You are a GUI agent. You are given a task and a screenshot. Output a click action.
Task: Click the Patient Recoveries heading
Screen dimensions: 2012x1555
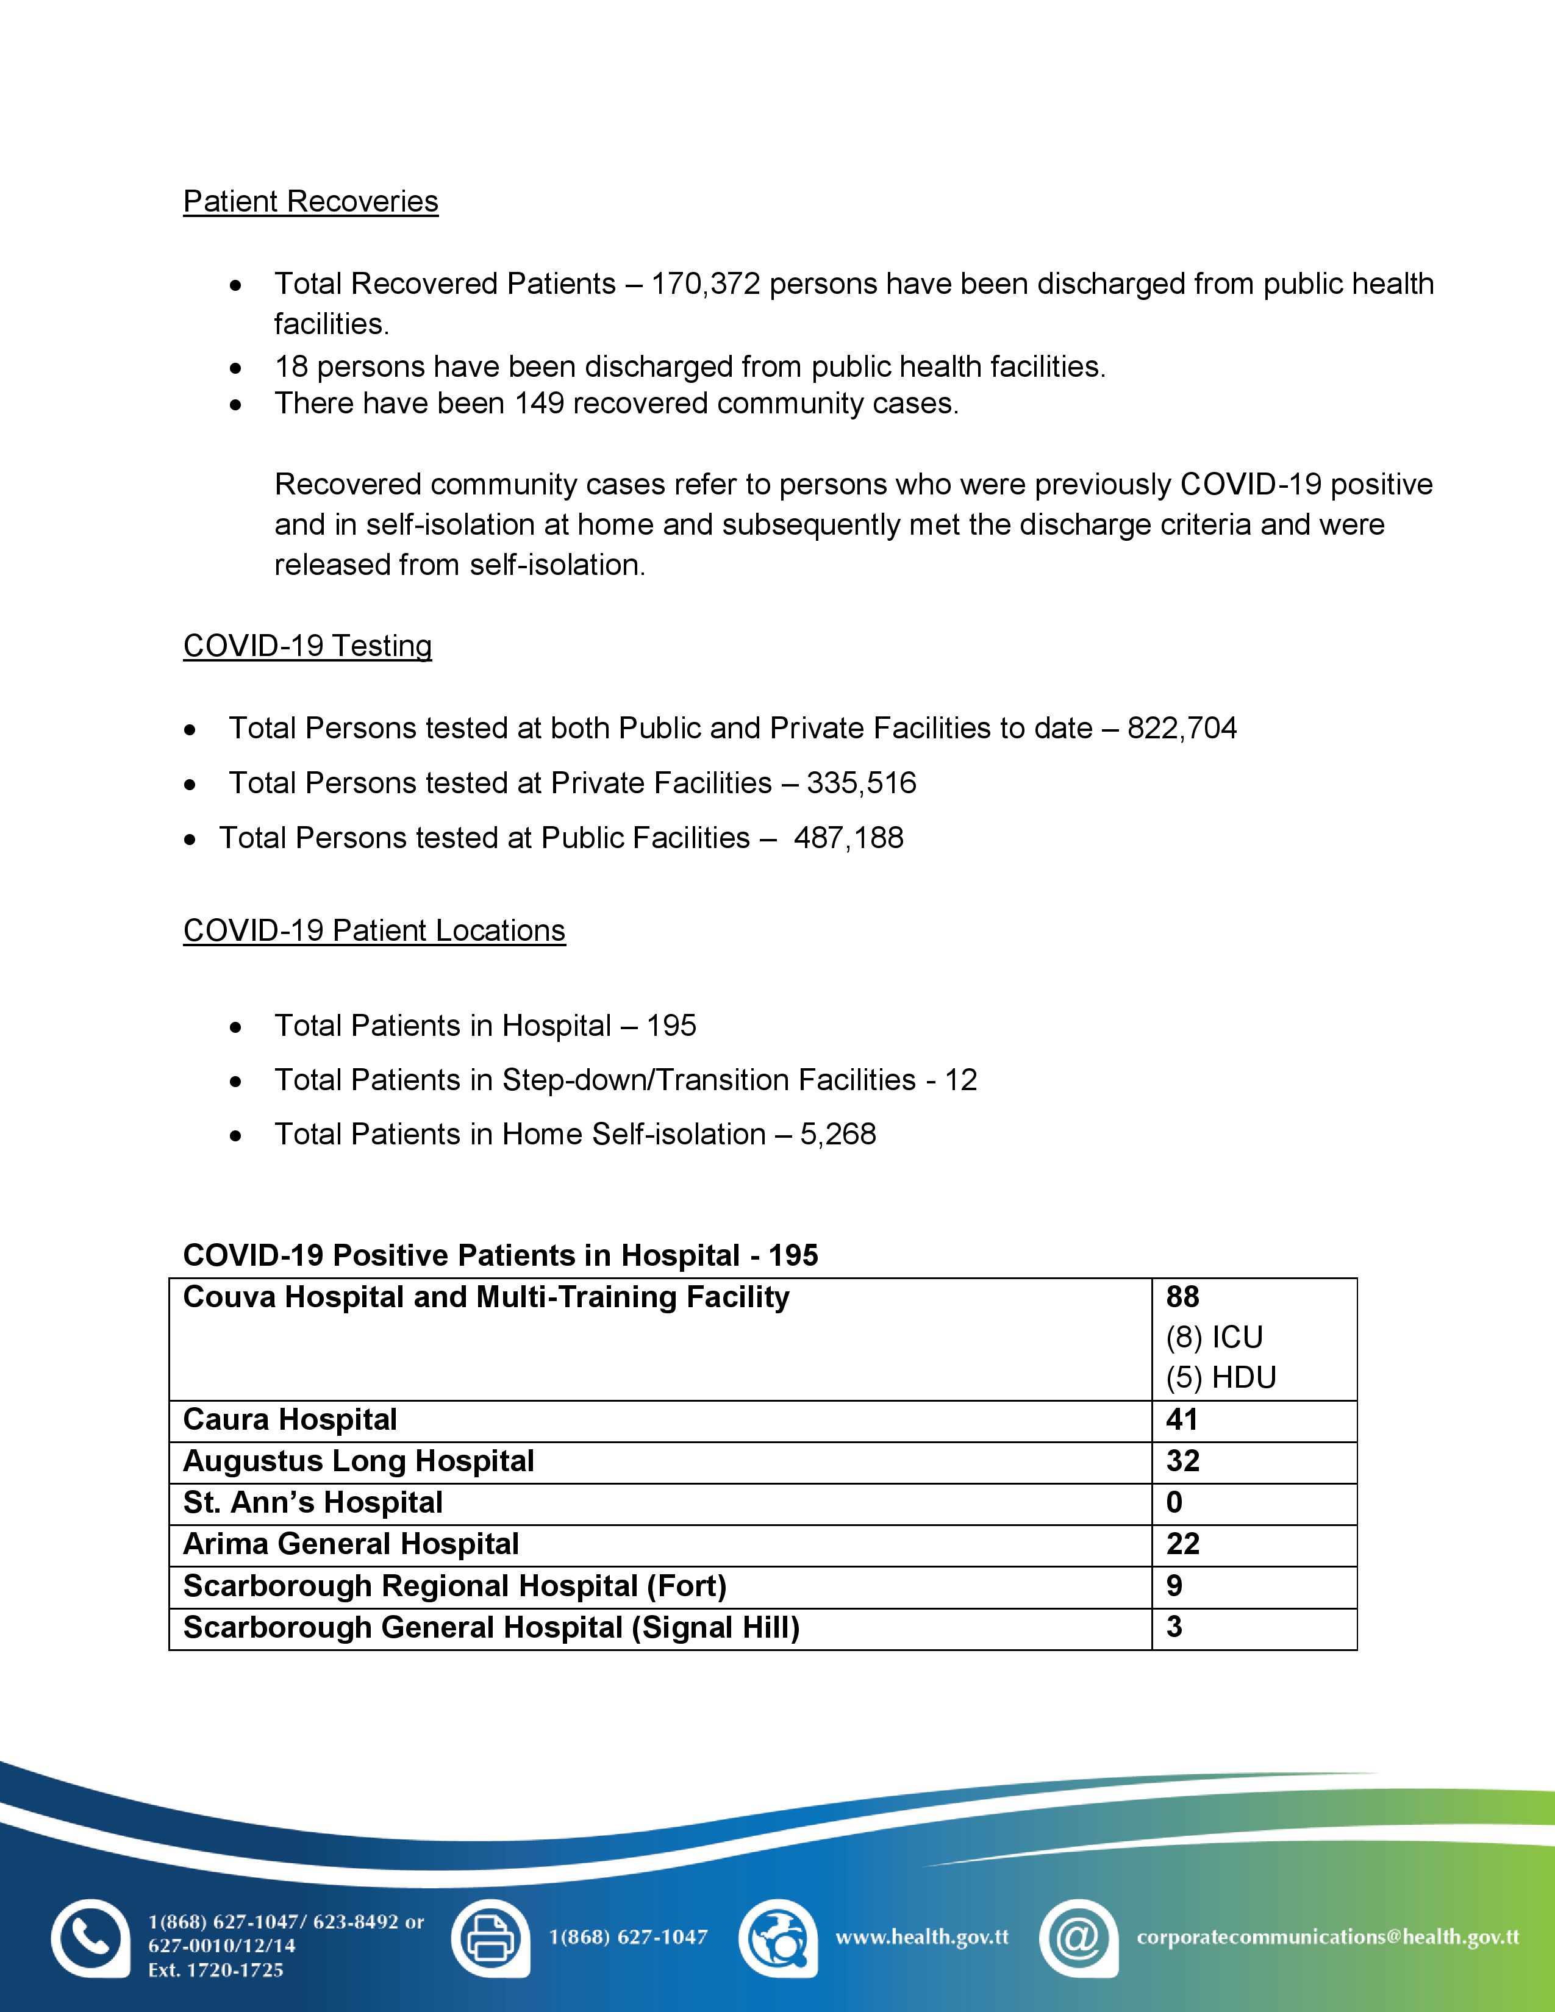point(310,202)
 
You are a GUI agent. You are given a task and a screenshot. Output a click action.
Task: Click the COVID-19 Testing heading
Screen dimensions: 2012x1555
point(308,646)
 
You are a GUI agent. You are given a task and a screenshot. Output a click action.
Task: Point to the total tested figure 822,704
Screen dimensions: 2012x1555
point(1182,728)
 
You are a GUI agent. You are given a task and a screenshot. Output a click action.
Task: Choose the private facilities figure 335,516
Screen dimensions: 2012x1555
point(861,783)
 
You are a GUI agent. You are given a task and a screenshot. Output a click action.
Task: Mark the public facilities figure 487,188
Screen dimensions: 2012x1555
point(848,837)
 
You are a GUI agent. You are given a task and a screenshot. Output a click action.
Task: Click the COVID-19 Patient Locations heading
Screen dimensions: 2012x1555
point(374,930)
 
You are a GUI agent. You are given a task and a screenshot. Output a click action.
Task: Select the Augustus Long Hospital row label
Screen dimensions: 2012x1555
point(359,1461)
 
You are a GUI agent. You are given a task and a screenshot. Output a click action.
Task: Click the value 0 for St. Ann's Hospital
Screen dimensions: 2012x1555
point(1174,1502)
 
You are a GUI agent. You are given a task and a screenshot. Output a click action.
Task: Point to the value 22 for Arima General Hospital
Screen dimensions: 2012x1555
point(1183,1544)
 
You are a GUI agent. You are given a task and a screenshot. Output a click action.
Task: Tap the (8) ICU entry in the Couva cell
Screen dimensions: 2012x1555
point(1214,1338)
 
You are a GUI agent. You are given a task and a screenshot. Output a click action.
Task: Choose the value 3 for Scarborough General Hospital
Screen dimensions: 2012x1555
point(1174,1627)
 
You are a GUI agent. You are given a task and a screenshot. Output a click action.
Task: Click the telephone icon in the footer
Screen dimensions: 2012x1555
point(90,1938)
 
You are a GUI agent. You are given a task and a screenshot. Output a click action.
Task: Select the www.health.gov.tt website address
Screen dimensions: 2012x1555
point(922,1938)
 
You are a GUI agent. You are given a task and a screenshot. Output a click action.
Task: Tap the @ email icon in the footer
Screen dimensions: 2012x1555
point(1077,1938)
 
